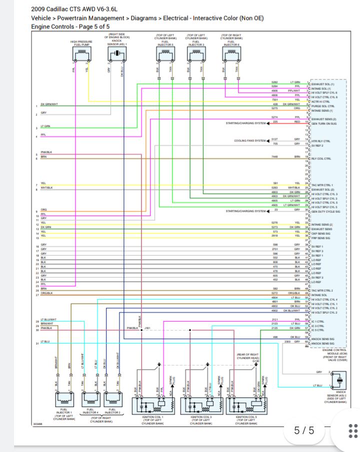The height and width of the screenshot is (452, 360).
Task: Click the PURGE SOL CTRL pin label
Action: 322,106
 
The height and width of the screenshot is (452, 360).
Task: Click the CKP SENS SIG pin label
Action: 321,233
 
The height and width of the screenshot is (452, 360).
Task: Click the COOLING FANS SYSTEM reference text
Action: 250,141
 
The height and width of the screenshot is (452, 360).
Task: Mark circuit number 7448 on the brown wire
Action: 274,157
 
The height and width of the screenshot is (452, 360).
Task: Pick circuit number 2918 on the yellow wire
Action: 274,236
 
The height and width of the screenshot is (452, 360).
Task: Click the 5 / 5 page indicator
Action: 304,430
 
